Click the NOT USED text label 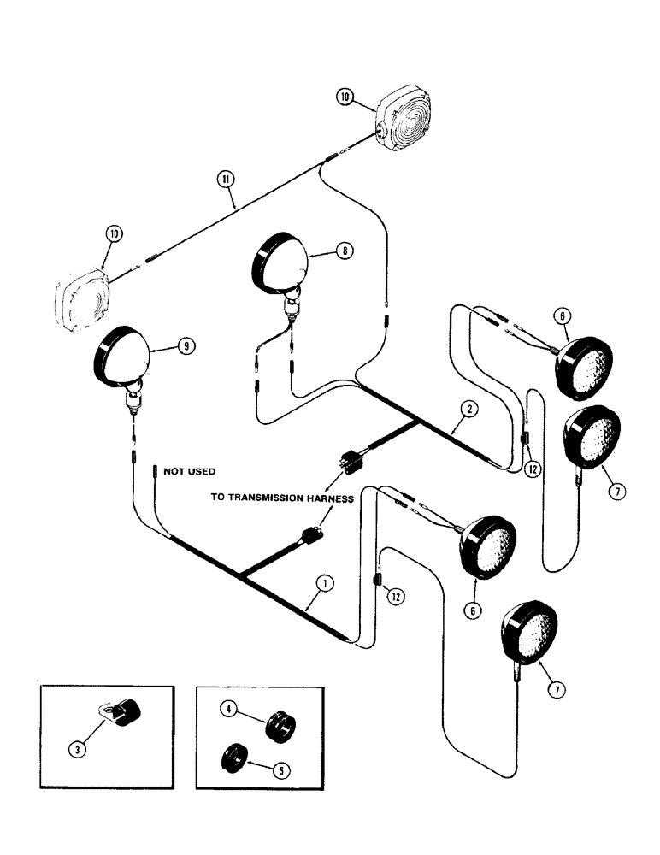click(x=190, y=471)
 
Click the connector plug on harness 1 click(x=309, y=539)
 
